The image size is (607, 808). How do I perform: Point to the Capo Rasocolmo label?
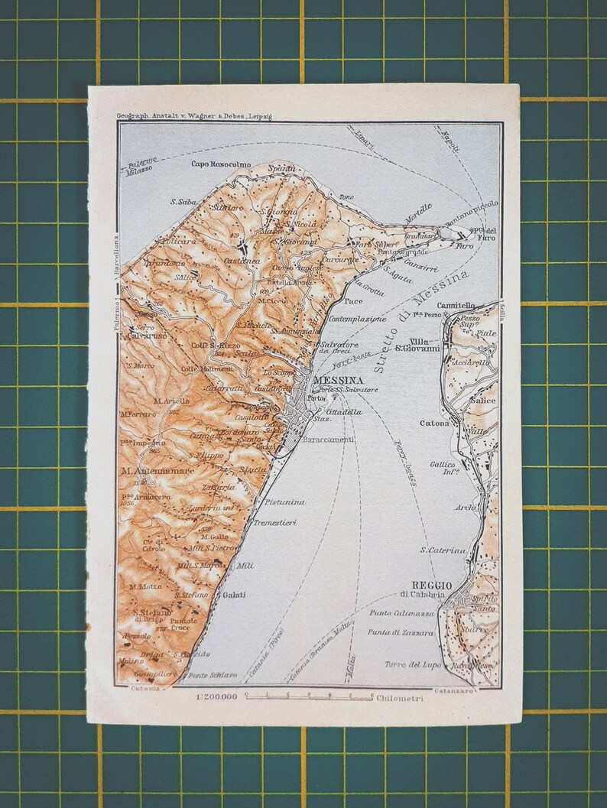219,164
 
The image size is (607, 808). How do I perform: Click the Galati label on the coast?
235,595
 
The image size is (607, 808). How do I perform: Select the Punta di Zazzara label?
401,633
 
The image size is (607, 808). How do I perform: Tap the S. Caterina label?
443,550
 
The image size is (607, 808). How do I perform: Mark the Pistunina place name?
285,502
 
